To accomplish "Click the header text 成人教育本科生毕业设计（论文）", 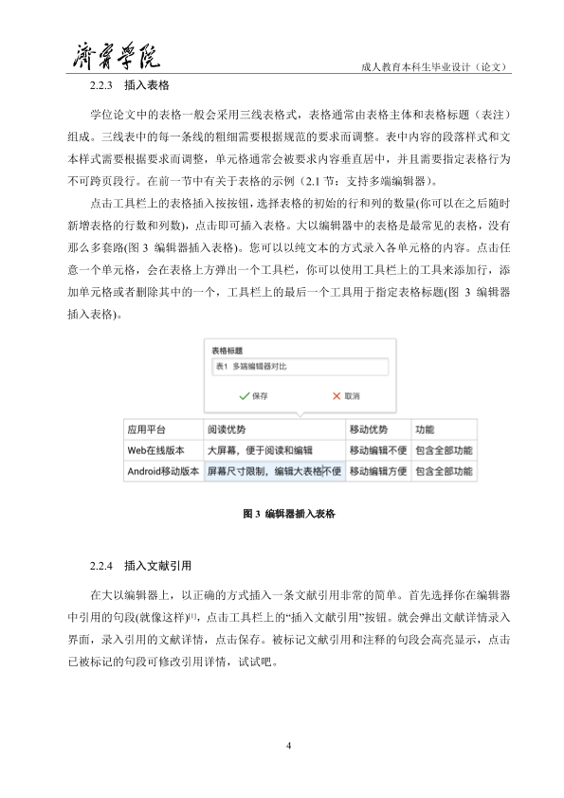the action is click(x=437, y=67).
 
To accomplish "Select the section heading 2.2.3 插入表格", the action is click(x=129, y=85).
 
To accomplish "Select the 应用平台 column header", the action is click(x=147, y=429).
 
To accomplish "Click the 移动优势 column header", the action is click(x=368, y=429).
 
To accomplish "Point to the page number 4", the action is click(x=288, y=745).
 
